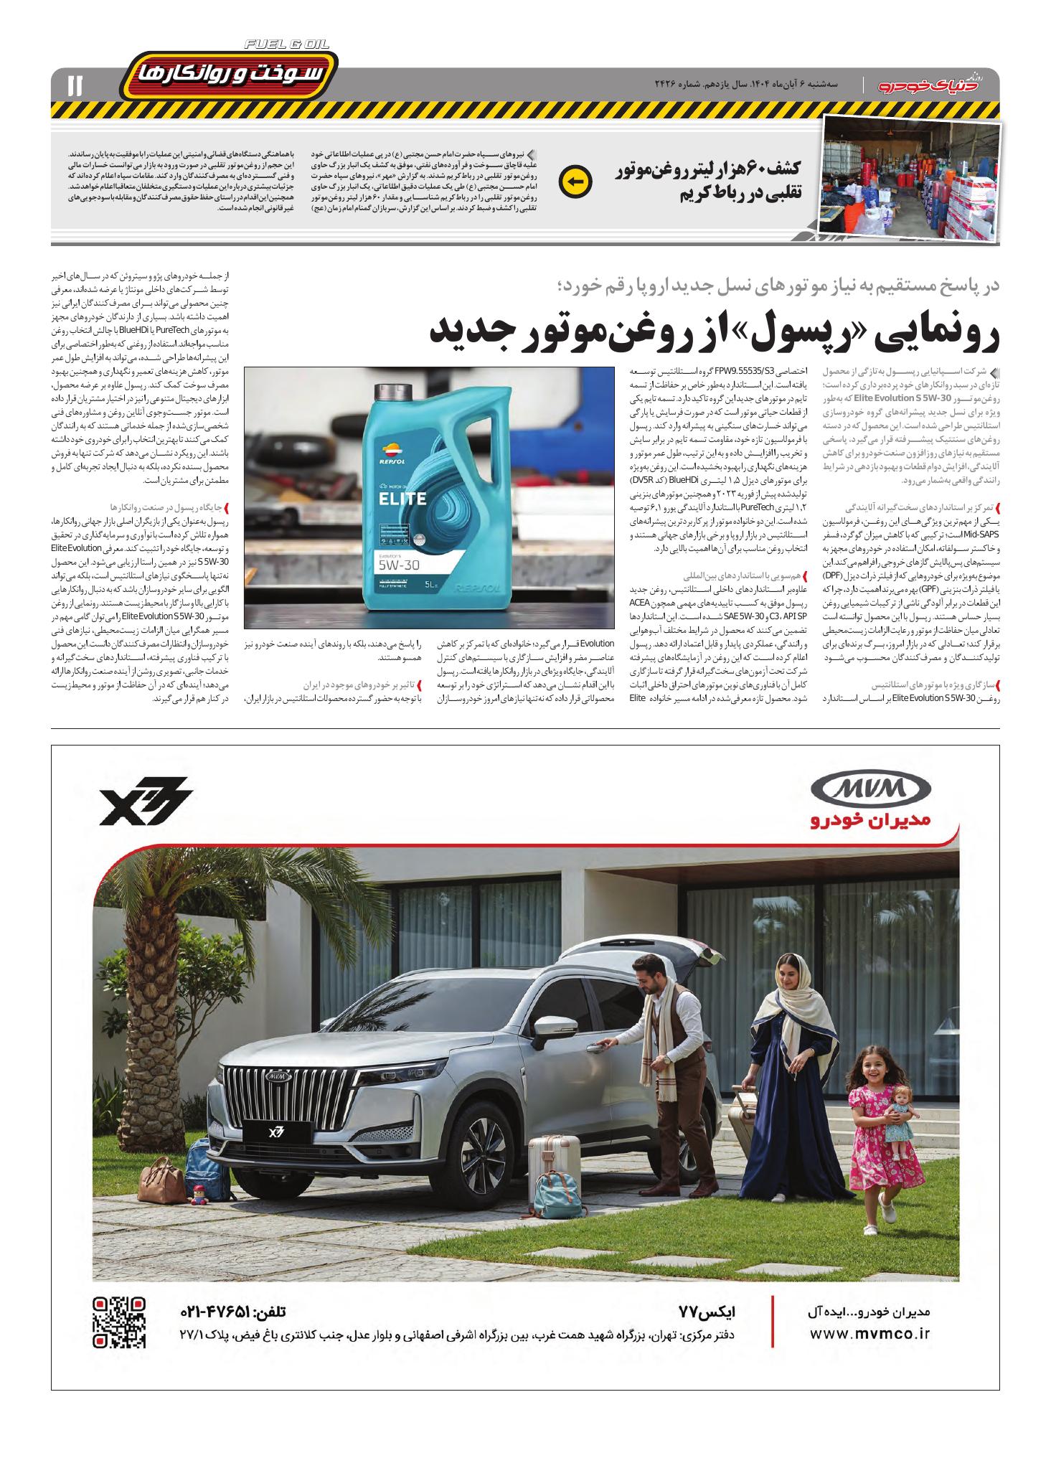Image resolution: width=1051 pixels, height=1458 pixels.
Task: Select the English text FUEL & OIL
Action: click(287, 44)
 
